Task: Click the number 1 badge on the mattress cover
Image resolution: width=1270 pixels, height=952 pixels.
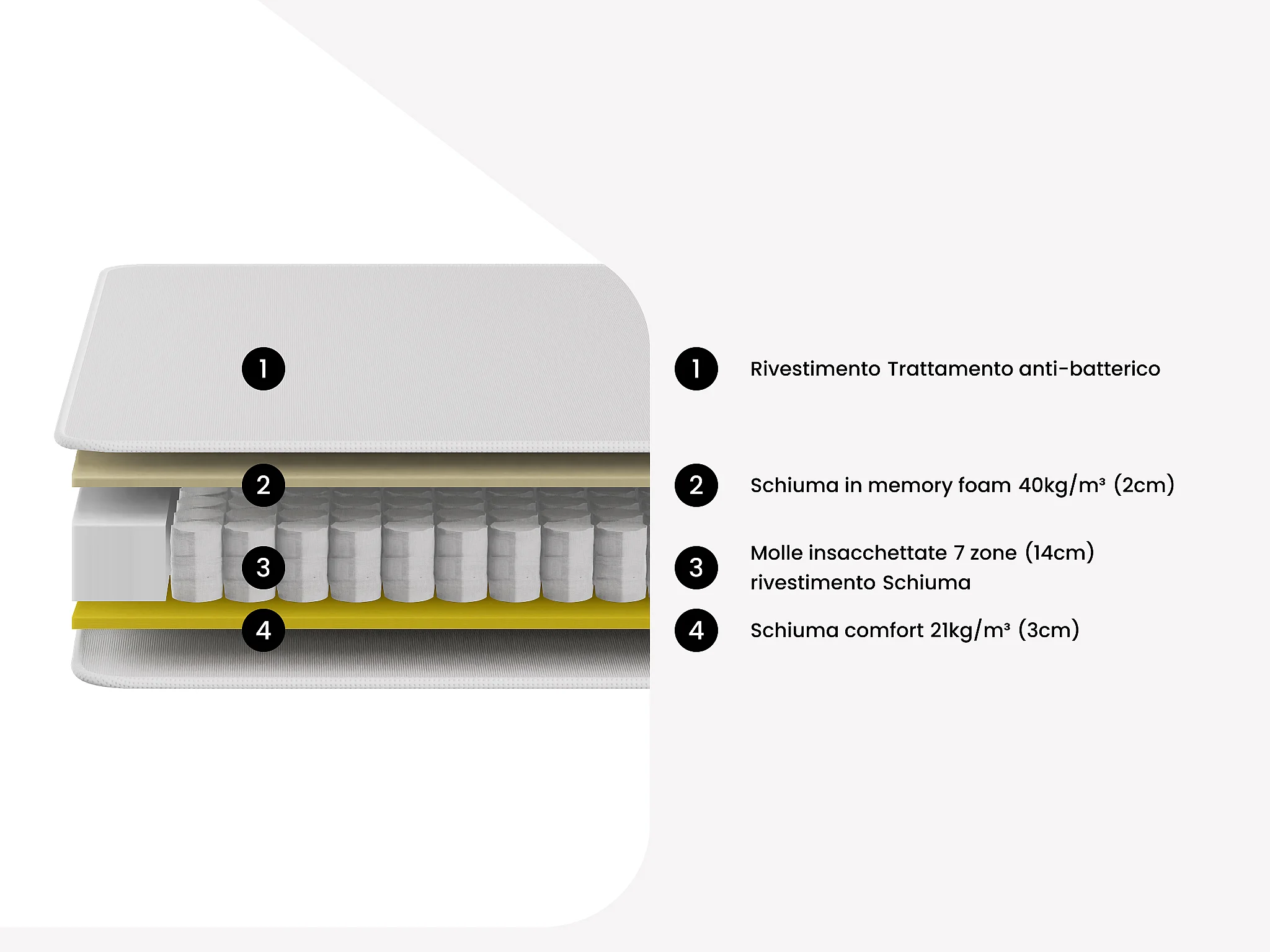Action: pyautogui.click(x=264, y=369)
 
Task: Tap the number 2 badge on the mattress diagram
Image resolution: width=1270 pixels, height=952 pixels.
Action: pyautogui.click(x=264, y=485)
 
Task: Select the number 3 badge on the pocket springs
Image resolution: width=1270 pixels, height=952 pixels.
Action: pyautogui.click(x=264, y=567)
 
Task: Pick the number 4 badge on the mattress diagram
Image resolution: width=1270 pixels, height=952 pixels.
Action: pyautogui.click(x=264, y=630)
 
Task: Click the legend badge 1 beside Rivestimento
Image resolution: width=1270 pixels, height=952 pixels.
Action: pyautogui.click(x=696, y=369)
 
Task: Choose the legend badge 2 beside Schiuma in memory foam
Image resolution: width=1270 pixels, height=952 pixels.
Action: pyautogui.click(x=696, y=485)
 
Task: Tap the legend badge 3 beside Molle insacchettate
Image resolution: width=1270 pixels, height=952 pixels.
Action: pyautogui.click(x=696, y=567)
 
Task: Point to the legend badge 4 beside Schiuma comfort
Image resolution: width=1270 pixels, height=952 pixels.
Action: pyautogui.click(x=696, y=630)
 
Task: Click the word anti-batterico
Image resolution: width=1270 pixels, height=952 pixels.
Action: pyautogui.click(x=1089, y=369)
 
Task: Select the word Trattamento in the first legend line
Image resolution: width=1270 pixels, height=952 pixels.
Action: pyautogui.click(x=949, y=369)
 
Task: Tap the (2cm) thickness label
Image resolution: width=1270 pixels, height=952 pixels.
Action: pyautogui.click(x=1144, y=485)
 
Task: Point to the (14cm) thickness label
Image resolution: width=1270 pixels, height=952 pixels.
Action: pyautogui.click(x=1059, y=552)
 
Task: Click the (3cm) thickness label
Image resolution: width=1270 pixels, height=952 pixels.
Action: pyautogui.click(x=1049, y=630)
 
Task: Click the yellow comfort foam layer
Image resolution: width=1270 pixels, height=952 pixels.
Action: pyautogui.click(x=434, y=615)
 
